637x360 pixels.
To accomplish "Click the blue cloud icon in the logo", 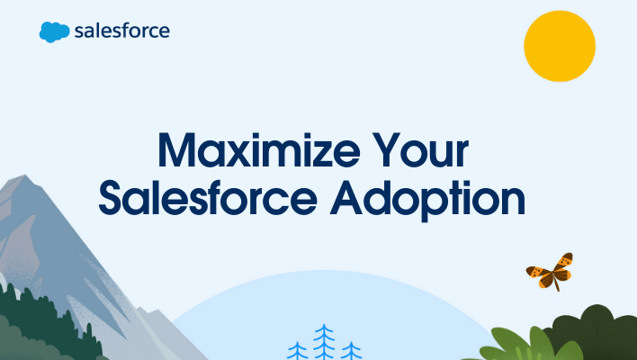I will coord(54,31).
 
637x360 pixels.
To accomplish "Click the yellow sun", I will coord(560,45).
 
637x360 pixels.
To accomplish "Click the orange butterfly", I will coord(551,269).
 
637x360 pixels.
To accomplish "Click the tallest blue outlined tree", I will coord(324,343).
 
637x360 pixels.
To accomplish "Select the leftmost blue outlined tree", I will coord(297,349).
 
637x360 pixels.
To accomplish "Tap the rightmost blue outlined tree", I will coord(351,350).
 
